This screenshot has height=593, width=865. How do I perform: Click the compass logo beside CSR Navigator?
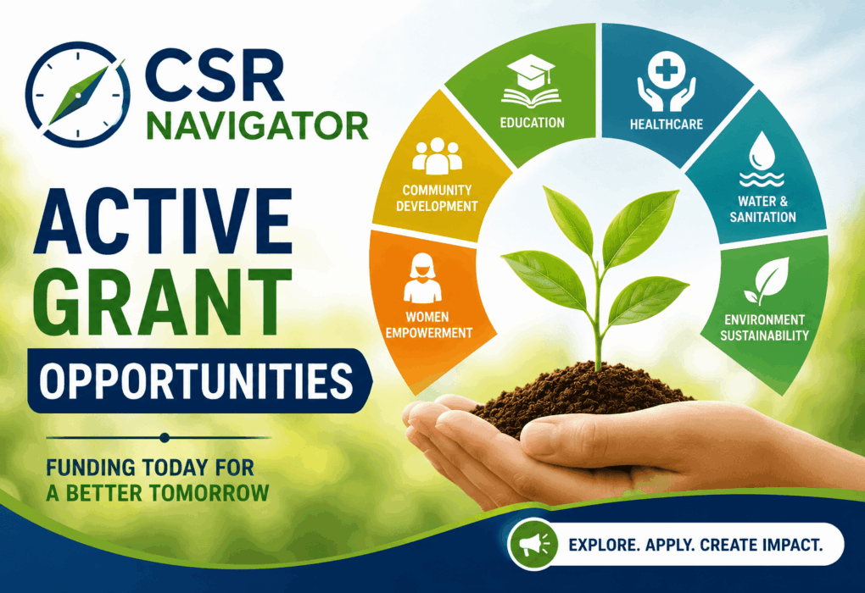78,94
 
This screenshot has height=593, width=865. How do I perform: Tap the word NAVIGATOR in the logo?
257,125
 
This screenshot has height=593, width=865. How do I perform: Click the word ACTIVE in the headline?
163,222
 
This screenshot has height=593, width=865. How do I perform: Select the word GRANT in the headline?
163,302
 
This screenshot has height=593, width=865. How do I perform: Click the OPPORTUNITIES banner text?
196,380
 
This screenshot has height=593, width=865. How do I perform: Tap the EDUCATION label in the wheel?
533,122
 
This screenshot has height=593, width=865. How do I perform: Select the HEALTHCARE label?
667,125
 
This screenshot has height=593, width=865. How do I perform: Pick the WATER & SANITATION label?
763,209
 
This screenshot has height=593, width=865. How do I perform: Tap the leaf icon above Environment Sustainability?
767,281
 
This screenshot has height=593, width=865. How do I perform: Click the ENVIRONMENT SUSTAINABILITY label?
765,328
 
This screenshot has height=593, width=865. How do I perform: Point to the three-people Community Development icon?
437,156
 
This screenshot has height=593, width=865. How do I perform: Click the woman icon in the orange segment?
422,278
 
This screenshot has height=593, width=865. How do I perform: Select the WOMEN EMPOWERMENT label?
428,325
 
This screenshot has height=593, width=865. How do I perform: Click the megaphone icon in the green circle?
533,545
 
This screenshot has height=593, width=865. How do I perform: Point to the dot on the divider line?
164,438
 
